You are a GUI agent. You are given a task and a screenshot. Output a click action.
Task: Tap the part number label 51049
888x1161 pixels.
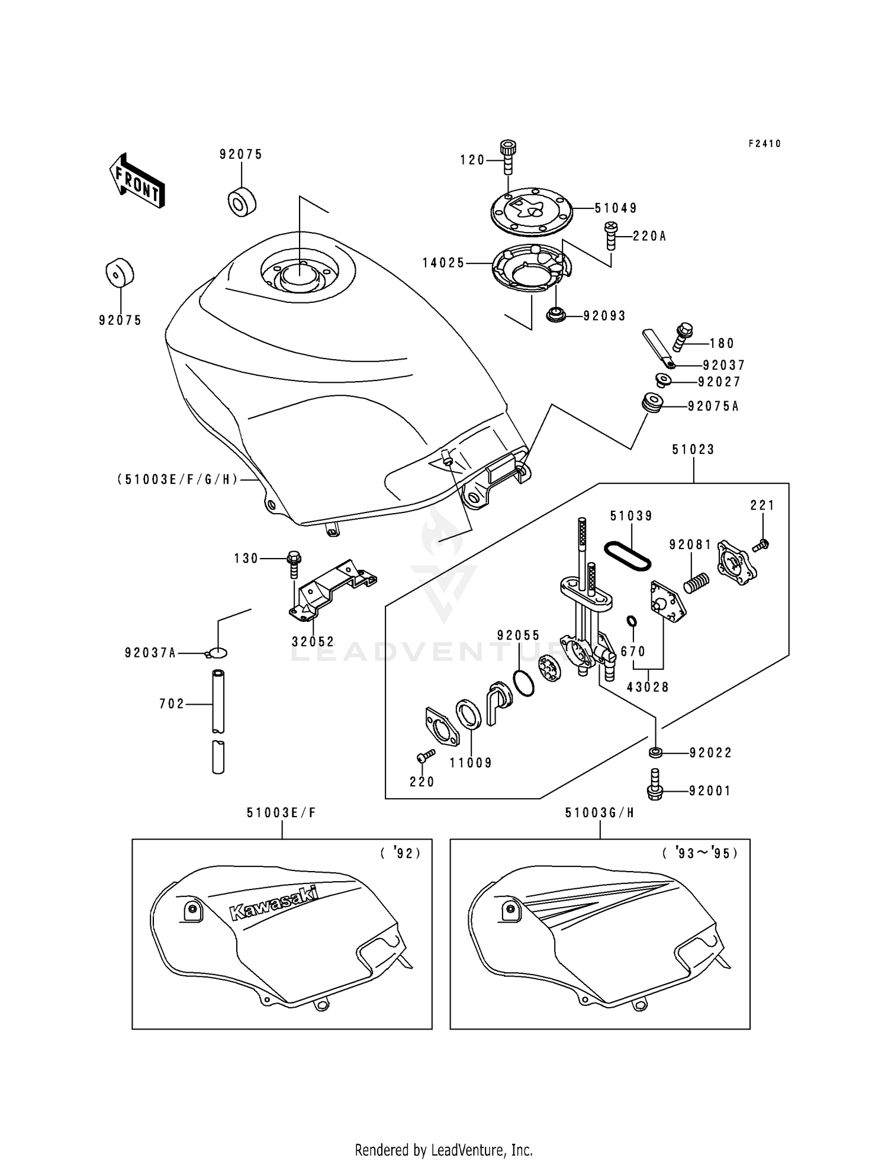click(x=616, y=208)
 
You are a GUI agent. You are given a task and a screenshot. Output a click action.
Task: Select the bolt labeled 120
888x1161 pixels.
click(x=508, y=156)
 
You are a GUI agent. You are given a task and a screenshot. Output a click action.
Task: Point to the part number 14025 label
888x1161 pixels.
click(x=443, y=263)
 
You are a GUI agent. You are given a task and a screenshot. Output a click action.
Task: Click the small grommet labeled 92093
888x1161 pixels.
click(x=555, y=315)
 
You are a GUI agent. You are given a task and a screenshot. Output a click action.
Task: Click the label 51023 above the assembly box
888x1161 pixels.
click(x=693, y=449)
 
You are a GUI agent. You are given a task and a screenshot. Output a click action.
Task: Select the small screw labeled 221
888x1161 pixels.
click(x=761, y=545)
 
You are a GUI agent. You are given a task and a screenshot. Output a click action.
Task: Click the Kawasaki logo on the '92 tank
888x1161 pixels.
click(x=274, y=903)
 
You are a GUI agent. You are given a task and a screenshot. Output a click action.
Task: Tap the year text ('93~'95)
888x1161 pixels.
click(x=700, y=853)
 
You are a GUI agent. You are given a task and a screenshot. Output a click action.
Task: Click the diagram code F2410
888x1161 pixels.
click(x=764, y=144)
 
